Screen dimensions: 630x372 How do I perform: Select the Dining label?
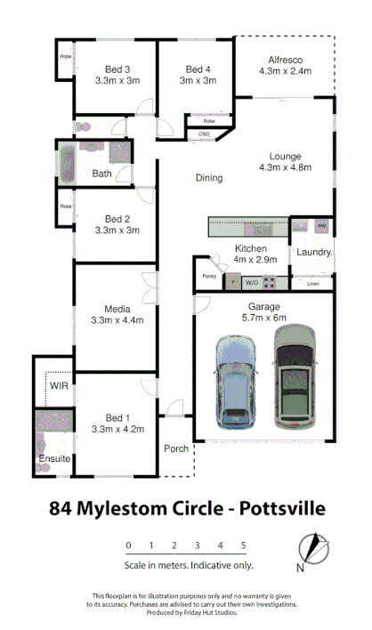pos(209,178)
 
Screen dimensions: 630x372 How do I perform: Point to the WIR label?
pos(60,385)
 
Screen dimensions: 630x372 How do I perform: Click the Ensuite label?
pos(54,459)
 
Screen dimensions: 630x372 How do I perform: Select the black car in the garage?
pos(295,376)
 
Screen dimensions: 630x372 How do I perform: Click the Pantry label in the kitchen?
pos(209,276)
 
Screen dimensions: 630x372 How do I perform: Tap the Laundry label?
pos(314,252)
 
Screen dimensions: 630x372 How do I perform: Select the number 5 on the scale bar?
pos(243,545)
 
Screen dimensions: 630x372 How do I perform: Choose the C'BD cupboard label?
pos(204,135)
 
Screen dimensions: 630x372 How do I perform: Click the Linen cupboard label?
pos(312,284)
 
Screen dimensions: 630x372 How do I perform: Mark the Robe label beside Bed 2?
pos(66,206)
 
